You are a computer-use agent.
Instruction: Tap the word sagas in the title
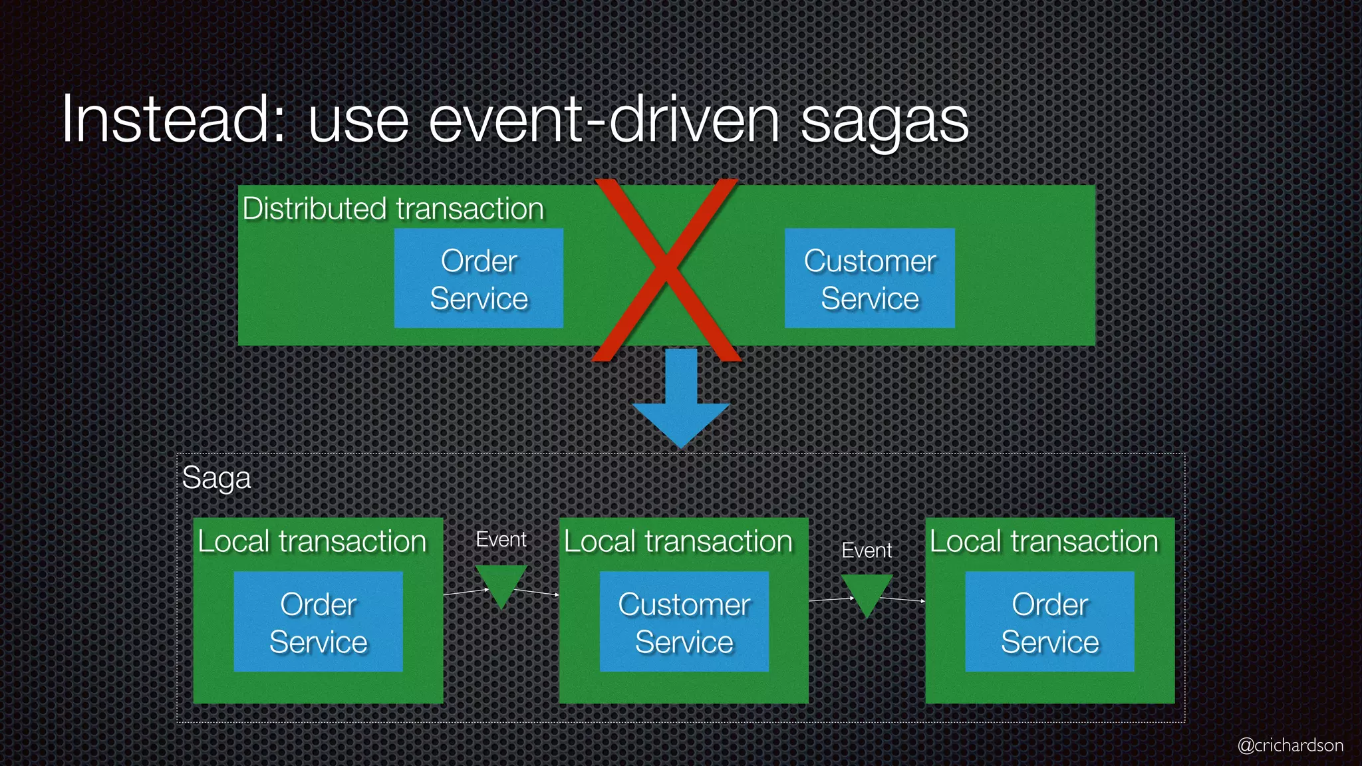click(885, 123)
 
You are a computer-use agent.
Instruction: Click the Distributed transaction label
click(393, 209)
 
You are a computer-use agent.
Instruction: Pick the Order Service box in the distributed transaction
click(479, 279)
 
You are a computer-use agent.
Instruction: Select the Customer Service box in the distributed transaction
click(870, 279)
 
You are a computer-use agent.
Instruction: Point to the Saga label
click(217, 477)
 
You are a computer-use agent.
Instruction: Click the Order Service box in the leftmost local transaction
click(318, 622)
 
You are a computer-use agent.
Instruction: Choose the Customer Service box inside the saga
click(684, 622)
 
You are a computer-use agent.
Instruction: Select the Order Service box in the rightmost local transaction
click(1049, 622)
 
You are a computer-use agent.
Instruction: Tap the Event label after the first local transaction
click(501, 539)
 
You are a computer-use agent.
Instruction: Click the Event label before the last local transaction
click(867, 551)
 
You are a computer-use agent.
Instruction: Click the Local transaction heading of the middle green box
click(678, 541)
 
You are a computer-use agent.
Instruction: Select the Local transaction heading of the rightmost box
click(1044, 541)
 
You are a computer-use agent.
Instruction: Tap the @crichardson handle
click(1290, 745)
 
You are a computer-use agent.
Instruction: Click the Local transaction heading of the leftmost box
click(312, 541)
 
